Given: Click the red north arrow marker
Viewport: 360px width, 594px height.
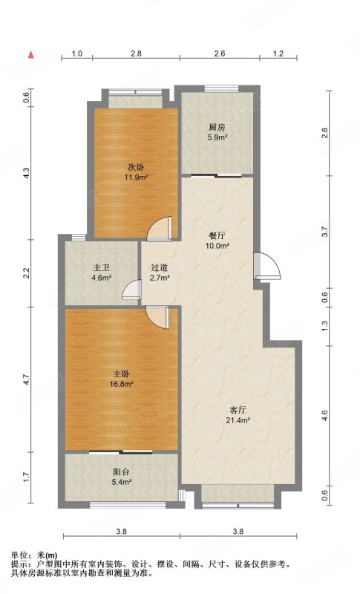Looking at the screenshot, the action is point(31,55).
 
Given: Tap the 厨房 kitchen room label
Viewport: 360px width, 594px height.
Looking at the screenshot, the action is point(217,127).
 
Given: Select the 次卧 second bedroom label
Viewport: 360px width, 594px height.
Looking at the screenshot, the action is point(136,166).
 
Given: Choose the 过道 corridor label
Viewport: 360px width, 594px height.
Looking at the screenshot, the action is point(160,267).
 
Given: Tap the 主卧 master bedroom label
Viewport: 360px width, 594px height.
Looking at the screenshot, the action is point(121,374).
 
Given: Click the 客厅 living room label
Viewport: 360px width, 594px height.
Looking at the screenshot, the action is point(238,410).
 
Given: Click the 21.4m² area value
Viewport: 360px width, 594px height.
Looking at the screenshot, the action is point(238,420).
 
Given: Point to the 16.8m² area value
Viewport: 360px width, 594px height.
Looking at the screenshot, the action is point(121,384).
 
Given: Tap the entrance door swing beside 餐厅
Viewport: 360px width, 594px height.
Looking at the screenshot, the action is point(267,266).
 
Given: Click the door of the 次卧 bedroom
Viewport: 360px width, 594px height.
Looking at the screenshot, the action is point(160,229).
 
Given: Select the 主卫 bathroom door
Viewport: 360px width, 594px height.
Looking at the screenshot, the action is point(131,290).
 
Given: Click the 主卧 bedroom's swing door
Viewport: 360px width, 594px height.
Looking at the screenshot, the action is point(157,318).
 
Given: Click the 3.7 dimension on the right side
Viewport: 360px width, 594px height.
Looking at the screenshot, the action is point(324,232).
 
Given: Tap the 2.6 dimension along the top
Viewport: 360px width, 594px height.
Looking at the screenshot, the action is point(220,53).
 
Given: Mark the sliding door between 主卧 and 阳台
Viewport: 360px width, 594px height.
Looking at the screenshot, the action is point(121,451).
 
